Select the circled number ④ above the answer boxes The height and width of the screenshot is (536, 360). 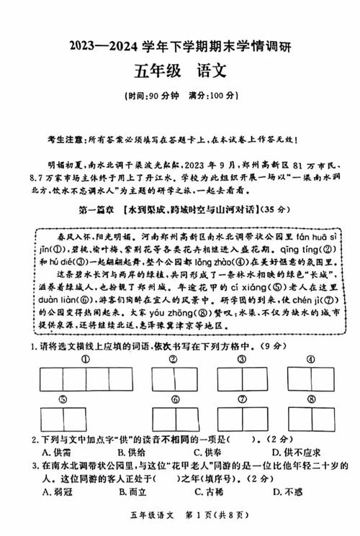click(310, 359)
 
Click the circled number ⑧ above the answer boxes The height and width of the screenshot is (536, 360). click(310, 399)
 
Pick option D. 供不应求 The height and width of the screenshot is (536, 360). click(297, 453)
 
